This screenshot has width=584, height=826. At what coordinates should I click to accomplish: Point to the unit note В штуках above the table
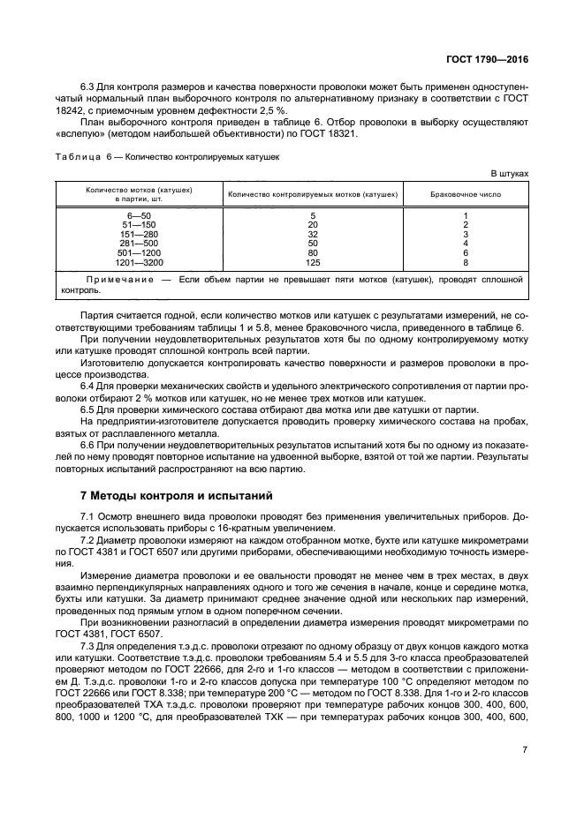(508, 174)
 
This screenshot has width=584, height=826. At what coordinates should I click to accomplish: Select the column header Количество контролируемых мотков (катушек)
(313, 193)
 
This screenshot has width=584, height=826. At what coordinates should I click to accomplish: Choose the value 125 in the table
(313, 262)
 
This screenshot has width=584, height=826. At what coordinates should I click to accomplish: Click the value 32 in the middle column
(313, 234)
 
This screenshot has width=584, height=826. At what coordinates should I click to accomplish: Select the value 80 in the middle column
(313, 252)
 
